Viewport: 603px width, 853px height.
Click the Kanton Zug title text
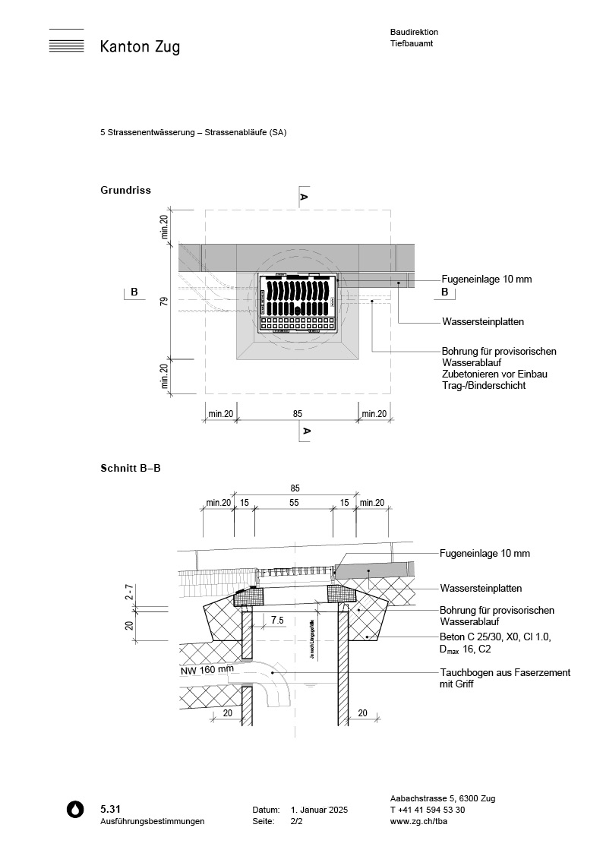pos(140,47)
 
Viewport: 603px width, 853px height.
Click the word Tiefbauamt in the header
pos(410,44)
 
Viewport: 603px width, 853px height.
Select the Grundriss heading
pos(125,190)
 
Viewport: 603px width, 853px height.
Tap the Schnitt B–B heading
pos(130,468)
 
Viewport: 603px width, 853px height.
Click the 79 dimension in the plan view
pos(163,302)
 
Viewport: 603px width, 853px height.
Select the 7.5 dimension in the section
pos(276,621)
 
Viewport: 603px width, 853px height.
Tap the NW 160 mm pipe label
pos(207,671)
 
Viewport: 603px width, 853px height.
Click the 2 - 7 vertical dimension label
pos(130,593)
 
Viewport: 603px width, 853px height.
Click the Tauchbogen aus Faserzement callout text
pos(505,678)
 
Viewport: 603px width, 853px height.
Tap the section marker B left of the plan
pos(134,292)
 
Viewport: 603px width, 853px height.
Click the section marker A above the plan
pos(304,197)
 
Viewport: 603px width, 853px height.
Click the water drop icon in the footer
pos(74,809)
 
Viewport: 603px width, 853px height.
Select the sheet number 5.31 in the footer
pos(110,809)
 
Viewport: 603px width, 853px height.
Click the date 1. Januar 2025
pos(319,810)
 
